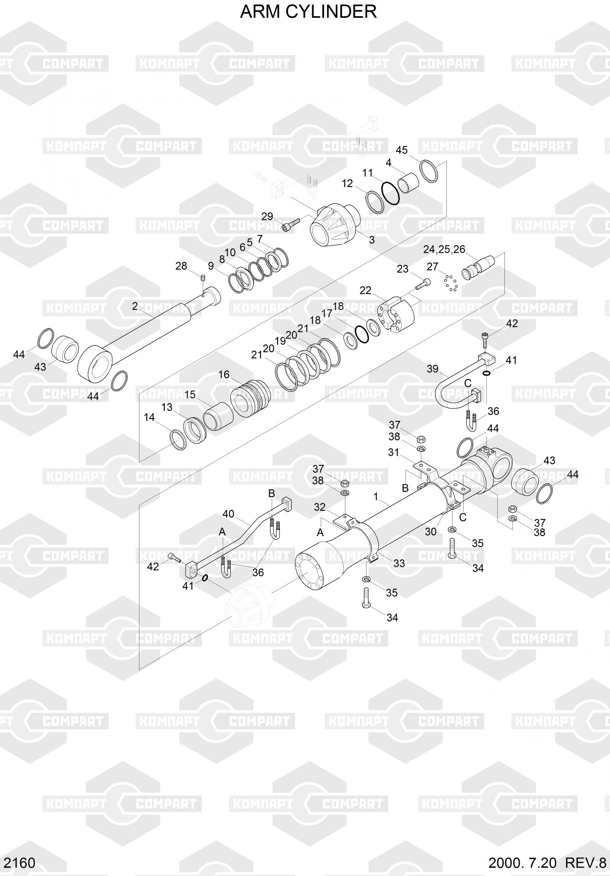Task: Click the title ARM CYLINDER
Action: tap(308, 12)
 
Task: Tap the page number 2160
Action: tap(18, 862)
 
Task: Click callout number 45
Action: tap(402, 150)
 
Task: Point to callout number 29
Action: tap(267, 216)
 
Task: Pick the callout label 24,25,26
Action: tap(444, 249)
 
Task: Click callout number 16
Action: tap(224, 374)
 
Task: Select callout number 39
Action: tap(432, 369)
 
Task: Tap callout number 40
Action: tap(228, 514)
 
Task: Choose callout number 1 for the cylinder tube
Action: tap(376, 497)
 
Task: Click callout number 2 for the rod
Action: tap(135, 306)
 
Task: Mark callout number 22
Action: tap(365, 290)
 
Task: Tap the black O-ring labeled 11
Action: tap(390, 193)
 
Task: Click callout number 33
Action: tap(399, 563)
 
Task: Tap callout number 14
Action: tap(149, 417)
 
